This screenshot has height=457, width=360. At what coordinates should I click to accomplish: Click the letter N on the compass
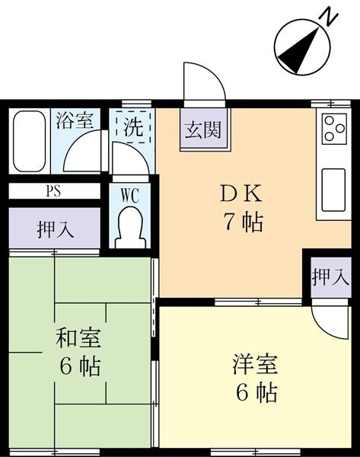[329, 18]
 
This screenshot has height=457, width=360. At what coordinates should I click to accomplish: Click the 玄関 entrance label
[203, 129]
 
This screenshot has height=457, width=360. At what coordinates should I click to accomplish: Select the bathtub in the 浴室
[30, 141]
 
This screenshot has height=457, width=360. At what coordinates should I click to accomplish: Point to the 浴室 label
[75, 120]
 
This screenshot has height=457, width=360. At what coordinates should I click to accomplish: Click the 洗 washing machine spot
[133, 126]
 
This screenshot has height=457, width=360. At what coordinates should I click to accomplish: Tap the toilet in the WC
[130, 227]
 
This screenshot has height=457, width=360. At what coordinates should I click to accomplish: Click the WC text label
[130, 196]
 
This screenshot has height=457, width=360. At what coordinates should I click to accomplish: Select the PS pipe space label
[54, 191]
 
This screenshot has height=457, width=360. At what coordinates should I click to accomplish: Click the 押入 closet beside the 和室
[55, 228]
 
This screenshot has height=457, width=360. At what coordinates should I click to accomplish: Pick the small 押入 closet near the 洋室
[330, 276]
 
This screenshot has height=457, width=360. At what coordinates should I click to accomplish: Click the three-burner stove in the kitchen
[334, 128]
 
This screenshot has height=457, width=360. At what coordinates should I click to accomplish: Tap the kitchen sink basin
[333, 190]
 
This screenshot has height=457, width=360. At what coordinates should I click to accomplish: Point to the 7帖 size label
[243, 222]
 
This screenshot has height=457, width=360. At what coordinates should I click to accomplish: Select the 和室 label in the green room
[78, 338]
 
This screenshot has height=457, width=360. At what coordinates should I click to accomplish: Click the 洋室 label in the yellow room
[255, 364]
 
